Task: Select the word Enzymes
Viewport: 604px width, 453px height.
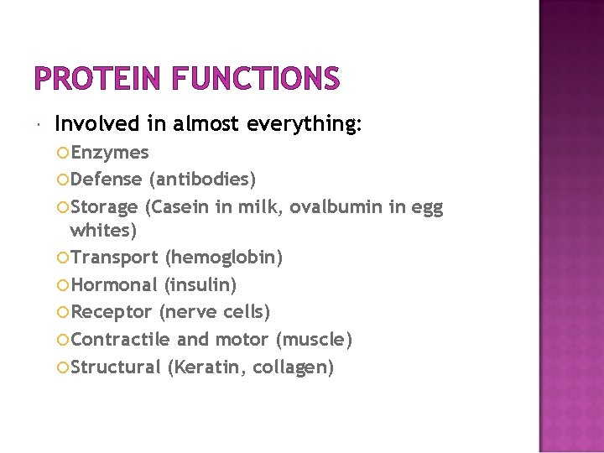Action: coord(110,153)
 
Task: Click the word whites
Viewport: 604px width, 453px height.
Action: coord(102,230)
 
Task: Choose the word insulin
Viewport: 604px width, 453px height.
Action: coord(201,284)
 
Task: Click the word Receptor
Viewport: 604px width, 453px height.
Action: coord(112,312)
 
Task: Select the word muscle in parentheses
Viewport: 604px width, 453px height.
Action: coord(315,339)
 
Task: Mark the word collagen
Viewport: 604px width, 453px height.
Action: coord(293,367)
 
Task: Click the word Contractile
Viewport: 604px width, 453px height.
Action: coord(121,339)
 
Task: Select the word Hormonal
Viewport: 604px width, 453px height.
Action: coord(114,284)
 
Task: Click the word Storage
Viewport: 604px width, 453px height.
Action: coord(105,206)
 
